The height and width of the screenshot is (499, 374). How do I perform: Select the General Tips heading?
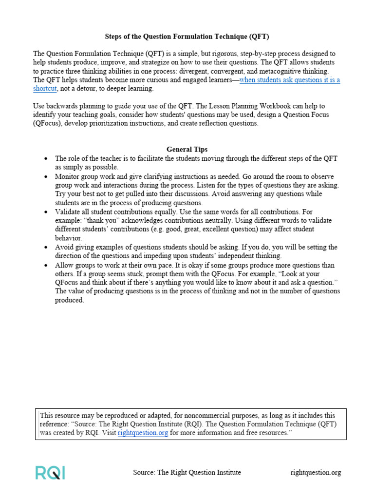coord(187,149)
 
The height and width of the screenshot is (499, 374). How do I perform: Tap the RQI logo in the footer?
coord(50,472)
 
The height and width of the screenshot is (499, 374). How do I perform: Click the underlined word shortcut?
coord(45,89)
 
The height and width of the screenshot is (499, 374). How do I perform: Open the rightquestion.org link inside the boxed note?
coord(143,433)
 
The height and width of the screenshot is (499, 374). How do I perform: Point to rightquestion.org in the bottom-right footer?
coord(316,472)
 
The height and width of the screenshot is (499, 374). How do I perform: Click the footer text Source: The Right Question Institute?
coord(187,472)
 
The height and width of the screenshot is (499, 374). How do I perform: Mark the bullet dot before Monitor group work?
coord(45,176)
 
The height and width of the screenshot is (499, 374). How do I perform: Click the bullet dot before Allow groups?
coord(45,266)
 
